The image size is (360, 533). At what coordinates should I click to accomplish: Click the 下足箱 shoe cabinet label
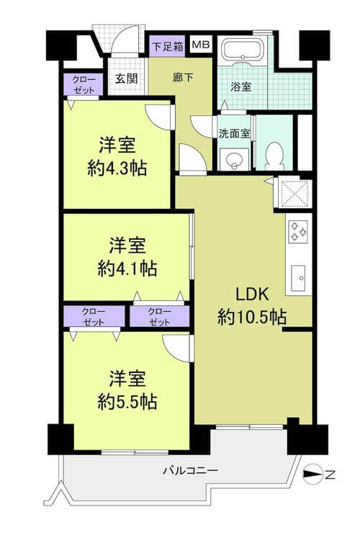(x=167, y=46)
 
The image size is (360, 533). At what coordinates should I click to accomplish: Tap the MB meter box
(x=202, y=45)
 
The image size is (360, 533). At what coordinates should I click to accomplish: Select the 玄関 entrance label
(x=126, y=79)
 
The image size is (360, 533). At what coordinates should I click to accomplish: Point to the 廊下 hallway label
(x=183, y=78)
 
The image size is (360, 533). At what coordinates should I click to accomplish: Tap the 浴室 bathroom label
(x=240, y=86)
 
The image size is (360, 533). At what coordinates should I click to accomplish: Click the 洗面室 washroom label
(x=234, y=133)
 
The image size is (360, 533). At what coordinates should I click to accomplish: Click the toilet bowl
(x=274, y=155)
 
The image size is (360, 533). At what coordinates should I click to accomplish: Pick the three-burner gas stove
(x=298, y=231)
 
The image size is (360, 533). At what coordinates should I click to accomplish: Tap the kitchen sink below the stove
(x=298, y=278)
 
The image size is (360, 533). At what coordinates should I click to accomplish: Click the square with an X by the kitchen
(x=293, y=193)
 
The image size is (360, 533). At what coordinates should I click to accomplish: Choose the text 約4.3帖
(x=117, y=168)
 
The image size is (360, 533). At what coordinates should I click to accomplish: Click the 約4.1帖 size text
(x=127, y=268)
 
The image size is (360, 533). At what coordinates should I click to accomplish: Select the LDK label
(x=252, y=294)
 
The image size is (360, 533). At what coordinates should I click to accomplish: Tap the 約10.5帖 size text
(x=252, y=318)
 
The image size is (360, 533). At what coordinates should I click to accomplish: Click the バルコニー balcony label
(x=190, y=471)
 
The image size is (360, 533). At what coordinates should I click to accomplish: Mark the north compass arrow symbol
(x=312, y=474)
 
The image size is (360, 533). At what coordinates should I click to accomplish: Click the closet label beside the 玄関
(x=84, y=85)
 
